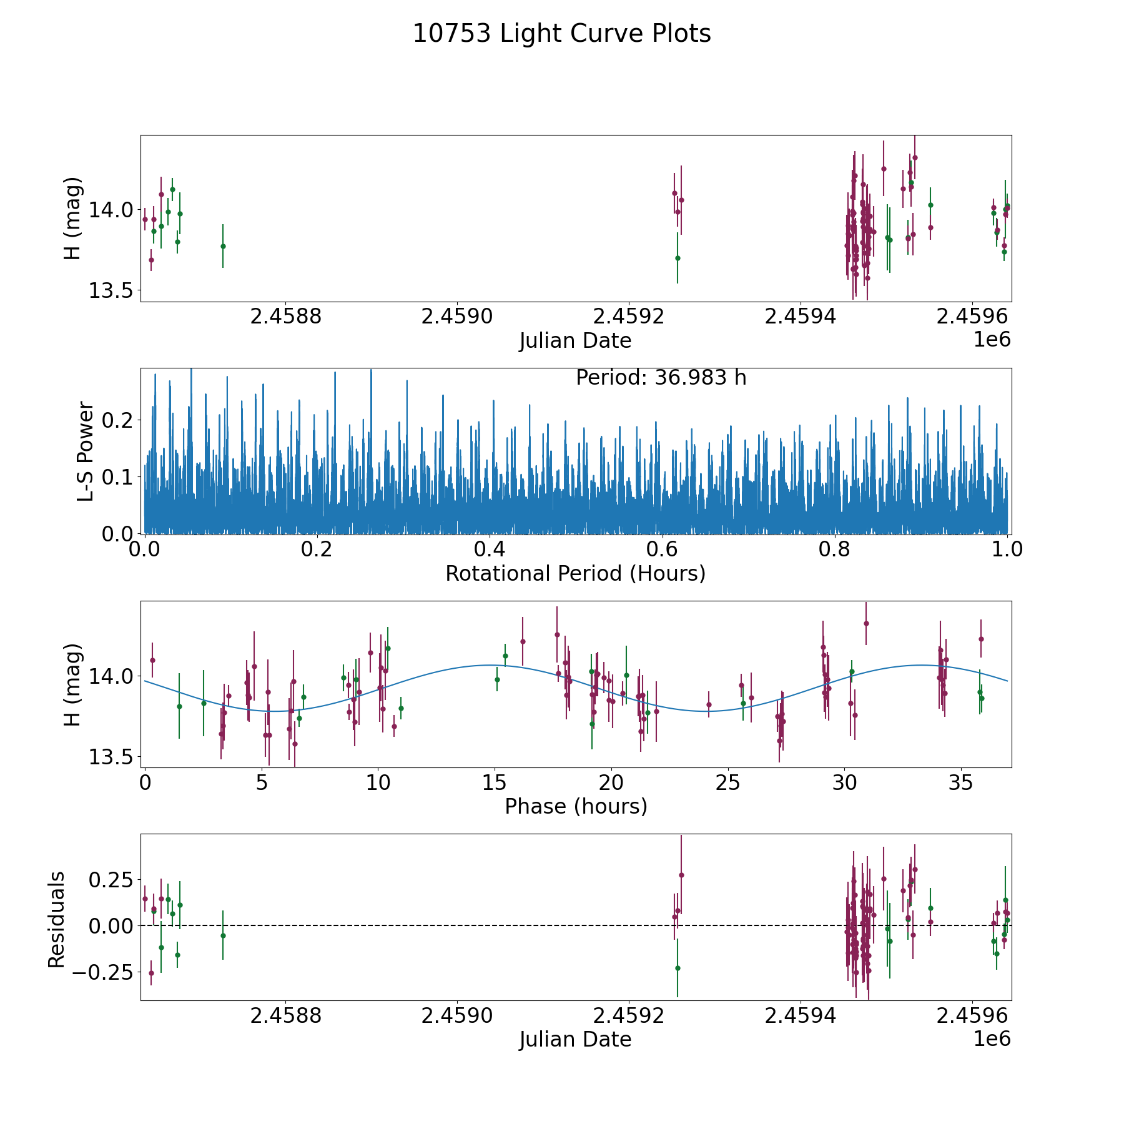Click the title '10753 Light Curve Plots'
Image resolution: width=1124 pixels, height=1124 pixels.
561,34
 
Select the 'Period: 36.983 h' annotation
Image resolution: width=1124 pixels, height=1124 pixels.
661,378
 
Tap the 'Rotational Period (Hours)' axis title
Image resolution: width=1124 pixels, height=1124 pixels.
575,573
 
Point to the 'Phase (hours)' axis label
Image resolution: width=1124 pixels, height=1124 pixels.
575,806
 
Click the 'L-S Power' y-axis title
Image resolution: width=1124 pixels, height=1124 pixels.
86,451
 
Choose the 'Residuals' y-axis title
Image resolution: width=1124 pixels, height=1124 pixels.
57,919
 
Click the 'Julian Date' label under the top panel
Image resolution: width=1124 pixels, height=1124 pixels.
575,341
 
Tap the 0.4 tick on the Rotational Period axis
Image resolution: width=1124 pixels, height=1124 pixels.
490,550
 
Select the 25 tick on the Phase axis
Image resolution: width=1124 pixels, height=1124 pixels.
728,782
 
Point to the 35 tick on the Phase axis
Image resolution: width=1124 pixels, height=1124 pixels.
961,782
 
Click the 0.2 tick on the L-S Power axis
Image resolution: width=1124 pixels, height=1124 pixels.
118,420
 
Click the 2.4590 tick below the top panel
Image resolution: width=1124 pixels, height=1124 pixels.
458,317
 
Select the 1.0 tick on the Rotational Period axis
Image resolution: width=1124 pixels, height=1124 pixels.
1007,550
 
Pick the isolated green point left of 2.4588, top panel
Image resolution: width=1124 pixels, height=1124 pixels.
223,246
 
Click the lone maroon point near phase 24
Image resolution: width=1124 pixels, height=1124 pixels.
709,704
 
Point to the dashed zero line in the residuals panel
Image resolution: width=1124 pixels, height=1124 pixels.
500,925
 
